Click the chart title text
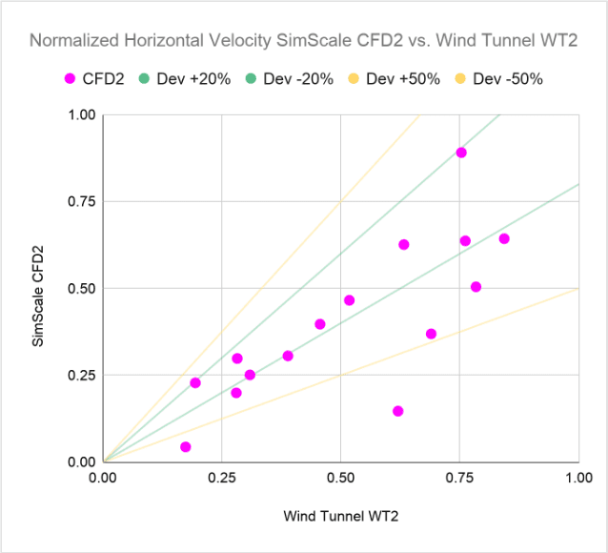(x=304, y=41)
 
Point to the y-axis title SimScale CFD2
(x=39, y=288)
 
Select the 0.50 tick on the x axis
(x=340, y=478)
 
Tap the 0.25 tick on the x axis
(x=221, y=478)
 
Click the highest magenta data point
(x=461, y=153)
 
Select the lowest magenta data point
(x=185, y=446)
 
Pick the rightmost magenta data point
(x=504, y=238)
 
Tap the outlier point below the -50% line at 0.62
(x=397, y=411)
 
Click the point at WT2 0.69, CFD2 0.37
(x=431, y=334)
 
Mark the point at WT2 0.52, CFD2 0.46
(x=349, y=300)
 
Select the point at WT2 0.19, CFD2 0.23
(x=195, y=382)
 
